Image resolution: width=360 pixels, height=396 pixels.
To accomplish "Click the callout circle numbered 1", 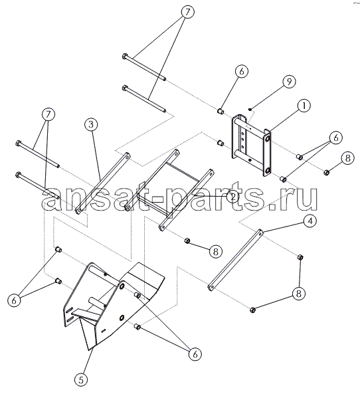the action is coord(304,106).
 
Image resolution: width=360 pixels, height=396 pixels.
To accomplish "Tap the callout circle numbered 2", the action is coord(232,196).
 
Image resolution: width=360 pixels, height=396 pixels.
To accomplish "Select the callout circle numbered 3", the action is coord(91,124).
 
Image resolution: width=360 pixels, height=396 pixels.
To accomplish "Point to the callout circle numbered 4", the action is coord(310,221).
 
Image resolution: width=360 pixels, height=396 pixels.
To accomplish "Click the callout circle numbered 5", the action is coord(81,380).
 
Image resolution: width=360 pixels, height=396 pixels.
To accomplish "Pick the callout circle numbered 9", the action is coord(289,82).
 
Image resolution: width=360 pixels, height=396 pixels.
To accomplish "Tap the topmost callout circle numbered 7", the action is coord(188,12).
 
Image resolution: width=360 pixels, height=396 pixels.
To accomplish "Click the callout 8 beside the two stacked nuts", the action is coord(299,294).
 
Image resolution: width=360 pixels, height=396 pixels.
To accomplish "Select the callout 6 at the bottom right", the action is coord(195,354).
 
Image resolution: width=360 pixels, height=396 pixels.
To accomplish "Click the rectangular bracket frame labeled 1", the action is coord(251,146).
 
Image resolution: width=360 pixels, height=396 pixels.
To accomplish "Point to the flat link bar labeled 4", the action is coord(236,260).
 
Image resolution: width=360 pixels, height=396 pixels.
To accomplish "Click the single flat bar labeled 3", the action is coord(103,183).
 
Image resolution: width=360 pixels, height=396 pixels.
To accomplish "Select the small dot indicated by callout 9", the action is coord(250,109).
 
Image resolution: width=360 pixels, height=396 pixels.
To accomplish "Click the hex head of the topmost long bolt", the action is coord(124,56).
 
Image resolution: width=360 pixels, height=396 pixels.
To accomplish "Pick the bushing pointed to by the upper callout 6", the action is coord(221,111).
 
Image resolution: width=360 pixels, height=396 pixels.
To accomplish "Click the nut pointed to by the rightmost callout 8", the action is coord(326,173).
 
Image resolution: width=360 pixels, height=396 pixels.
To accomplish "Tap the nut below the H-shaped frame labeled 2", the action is coord(187,241).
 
